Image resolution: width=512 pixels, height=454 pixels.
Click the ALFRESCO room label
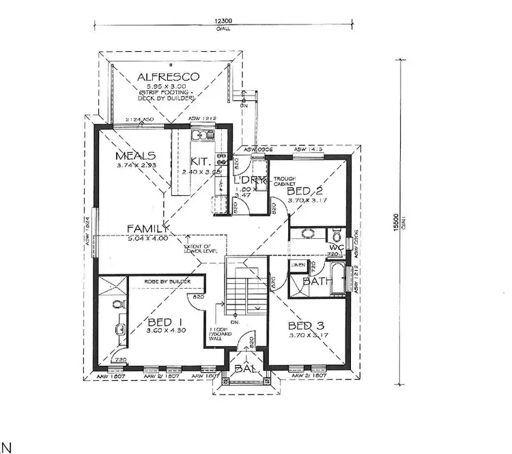click(167, 76)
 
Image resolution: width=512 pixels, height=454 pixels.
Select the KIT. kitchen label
click(199, 162)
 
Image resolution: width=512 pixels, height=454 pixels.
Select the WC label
click(336, 247)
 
